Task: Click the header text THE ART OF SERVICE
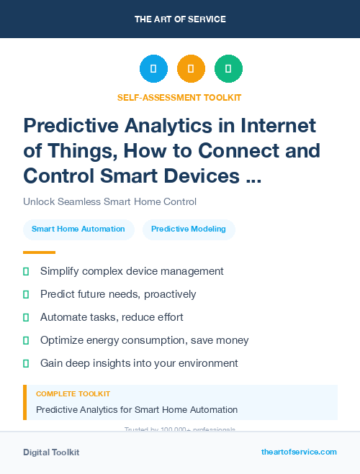click(180, 19)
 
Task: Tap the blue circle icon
click(153, 69)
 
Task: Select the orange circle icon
click(191, 69)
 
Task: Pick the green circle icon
click(228, 69)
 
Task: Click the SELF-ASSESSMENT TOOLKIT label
click(179, 97)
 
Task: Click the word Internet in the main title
click(276, 126)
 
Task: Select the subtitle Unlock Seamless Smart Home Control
click(109, 201)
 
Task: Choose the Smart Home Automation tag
click(78, 229)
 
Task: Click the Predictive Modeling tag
click(189, 229)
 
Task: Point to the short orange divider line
click(39, 252)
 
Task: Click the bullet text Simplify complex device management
click(132, 271)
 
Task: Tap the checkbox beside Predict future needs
click(26, 294)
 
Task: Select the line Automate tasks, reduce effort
click(112, 317)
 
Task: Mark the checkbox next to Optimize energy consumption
click(26, 340)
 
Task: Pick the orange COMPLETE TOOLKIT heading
click(73, 394)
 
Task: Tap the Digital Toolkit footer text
click(51, 452)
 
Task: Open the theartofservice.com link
click(299, 452)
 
